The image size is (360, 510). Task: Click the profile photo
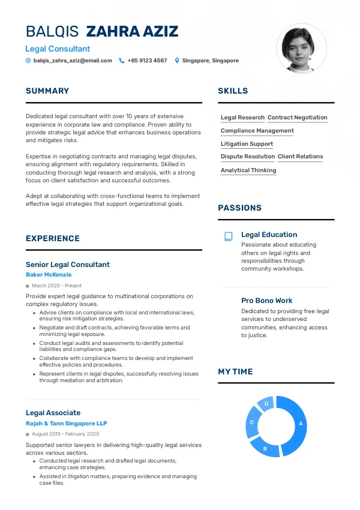(x=301, y=49)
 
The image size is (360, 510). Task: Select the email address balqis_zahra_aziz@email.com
(x=73, y=61)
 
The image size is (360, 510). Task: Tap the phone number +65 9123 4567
(x=147, y=61)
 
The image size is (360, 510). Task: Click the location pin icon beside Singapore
(x=177, y=61)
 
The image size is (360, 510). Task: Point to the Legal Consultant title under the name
(x=58, y=49)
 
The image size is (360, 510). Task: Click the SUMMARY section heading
(x=47, y=91)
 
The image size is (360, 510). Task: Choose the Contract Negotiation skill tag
(x=298, y=118)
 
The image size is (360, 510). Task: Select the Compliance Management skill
(x=257, y=131)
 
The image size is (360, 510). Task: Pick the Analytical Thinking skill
(x=248, y=170)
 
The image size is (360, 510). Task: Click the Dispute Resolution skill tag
(x=248, y=157)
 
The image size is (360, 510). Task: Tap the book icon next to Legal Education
(x=228, y=236)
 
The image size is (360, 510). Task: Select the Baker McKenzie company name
(x=49, y=275)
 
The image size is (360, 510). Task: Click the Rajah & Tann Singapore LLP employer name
(x=66, y=424)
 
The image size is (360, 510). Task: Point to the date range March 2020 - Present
(x=56, y=286)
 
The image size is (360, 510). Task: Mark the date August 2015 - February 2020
(x=65, y=434)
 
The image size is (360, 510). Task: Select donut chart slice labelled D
(x=266, y=404)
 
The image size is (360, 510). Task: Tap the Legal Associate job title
(x=53, y=413)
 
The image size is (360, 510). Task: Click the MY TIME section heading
(x=235, y=372)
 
